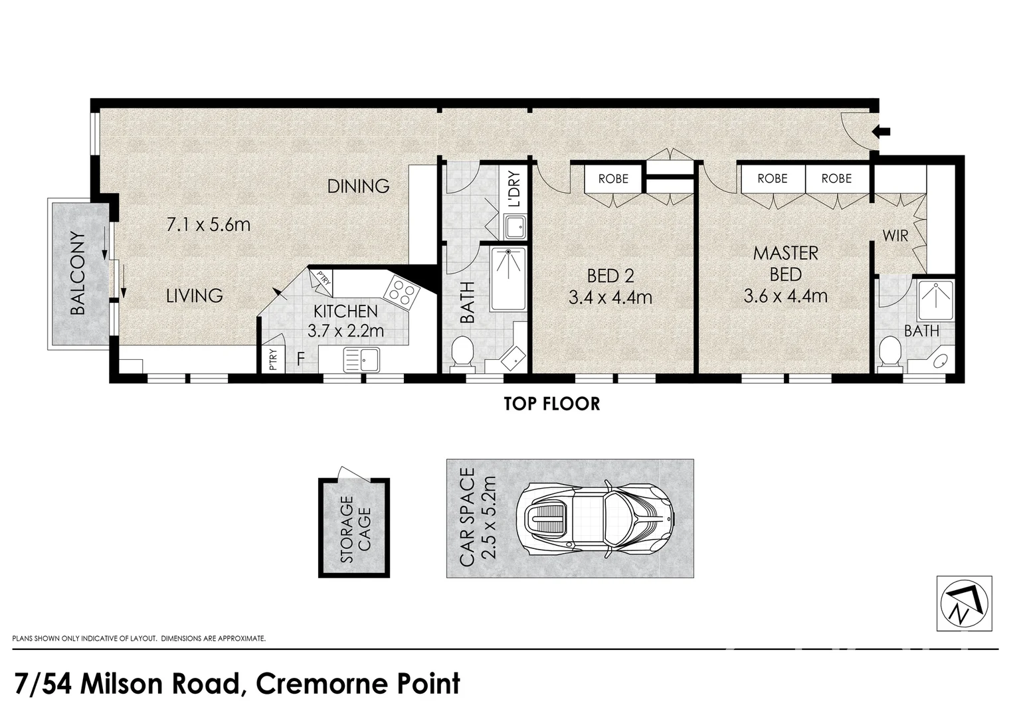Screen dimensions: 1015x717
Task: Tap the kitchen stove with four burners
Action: (402, 292)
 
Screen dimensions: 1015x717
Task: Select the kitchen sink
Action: (361, 359)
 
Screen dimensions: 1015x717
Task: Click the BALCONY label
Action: (78, 273)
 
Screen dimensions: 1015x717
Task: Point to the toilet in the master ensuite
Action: (889, 353)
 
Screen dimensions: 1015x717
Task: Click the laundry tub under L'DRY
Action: (515, 227)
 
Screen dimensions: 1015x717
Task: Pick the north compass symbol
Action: (965, 604)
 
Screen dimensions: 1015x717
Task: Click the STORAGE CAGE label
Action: (355, 529)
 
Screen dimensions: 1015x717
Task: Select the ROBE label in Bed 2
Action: (613, 179)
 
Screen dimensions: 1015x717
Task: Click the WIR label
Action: (895, 236)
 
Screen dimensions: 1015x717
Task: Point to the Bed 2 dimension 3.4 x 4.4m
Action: (610, 297)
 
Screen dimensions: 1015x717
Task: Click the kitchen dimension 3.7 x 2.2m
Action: (345, 331)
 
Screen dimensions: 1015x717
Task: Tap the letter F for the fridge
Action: (300, 358)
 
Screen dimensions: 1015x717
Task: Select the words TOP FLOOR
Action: (552, 404)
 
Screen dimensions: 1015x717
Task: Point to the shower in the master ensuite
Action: (935, 299)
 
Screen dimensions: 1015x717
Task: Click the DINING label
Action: (358, 186)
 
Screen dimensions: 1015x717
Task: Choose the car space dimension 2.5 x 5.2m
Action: (490, 518)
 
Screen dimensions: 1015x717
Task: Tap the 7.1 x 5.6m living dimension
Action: (209, 224)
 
